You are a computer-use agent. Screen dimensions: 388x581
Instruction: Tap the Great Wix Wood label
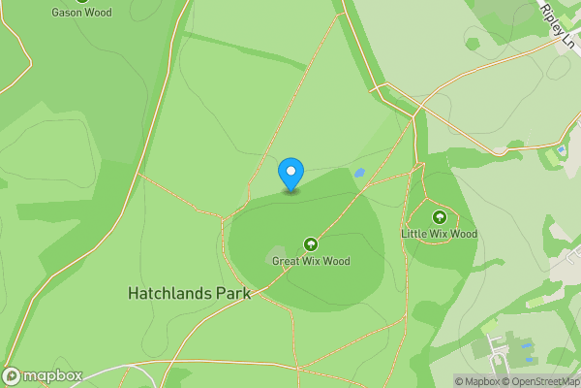pos(311,261)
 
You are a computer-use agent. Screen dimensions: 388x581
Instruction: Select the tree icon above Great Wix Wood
pos(311,244)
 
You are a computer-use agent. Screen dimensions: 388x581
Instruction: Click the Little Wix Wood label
pos(440,234)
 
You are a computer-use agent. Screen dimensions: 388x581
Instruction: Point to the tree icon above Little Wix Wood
pos(440,217)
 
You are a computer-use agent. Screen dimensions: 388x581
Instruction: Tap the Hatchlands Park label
pos(189,293)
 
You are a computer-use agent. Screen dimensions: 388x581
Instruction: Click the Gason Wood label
pos(81,13)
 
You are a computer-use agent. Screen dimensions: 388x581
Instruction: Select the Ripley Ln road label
pos(560,26)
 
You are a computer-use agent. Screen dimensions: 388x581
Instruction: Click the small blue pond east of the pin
pos(359,173)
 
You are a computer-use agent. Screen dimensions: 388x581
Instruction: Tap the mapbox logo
pos(43,375)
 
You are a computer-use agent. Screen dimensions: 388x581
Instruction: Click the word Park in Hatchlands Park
pos(232,293)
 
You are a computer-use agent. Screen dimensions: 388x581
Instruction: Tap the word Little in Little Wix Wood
pos(414,234)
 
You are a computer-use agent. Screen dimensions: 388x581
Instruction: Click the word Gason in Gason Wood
pos(67,13)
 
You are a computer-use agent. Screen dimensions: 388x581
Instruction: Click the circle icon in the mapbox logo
pos(13,375)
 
